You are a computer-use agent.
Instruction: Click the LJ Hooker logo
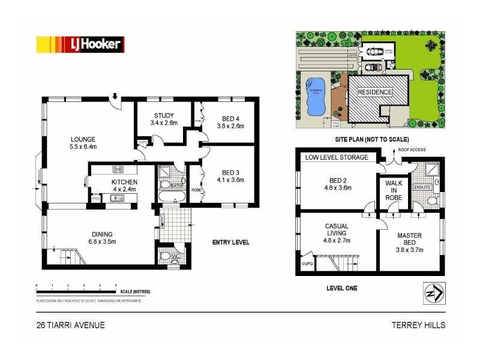(80, 44)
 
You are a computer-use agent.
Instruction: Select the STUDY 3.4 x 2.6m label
(164, 119)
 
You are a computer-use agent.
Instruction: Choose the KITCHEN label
(124, 182)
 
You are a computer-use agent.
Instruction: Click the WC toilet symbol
(165, 257)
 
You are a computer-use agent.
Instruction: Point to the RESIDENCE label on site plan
(375, 92)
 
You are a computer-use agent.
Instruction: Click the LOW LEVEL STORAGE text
(337, 158)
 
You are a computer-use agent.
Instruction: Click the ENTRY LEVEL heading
(231, 242)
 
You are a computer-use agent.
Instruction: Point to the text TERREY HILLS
(418, 325)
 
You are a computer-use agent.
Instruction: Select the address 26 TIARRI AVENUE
(70, 325)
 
